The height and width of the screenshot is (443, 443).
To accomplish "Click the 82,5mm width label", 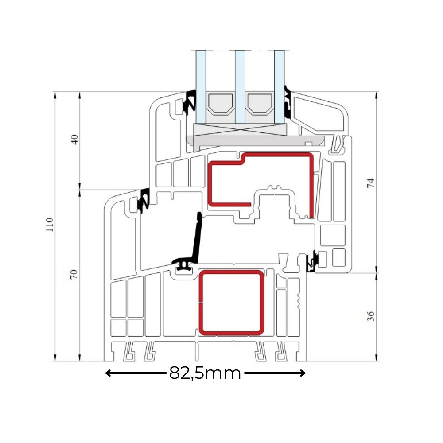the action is tap(205, 373).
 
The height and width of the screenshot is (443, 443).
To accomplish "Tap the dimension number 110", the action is tap(50, 225).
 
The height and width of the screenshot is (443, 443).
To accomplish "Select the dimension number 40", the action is tap(74, 140).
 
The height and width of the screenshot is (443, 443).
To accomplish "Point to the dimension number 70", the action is tap(74, 274).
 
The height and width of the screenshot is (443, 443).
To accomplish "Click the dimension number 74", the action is tap(370, 183).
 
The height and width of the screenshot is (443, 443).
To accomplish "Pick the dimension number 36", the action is tap(370, 316).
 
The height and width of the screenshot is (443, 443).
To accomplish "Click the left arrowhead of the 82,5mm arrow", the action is tap(108, 373).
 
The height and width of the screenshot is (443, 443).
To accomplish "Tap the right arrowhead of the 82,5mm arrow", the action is tap(303, 373).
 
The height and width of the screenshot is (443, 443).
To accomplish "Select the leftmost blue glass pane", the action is tap(201, 87).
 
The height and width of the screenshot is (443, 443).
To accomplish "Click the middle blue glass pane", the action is tap(240, 87).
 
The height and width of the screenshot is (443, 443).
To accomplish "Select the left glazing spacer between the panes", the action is tap(220, 104).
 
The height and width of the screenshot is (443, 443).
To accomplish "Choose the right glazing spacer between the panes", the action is tap(260, 104).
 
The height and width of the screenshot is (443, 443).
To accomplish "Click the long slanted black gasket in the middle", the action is tap(198, 240).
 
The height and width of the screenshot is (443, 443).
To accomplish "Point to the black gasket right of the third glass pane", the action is tap(288, 102).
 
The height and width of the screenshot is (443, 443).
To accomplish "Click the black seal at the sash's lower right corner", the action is tap(312, 261).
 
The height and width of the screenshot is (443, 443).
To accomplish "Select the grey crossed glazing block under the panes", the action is tap(241, 130).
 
